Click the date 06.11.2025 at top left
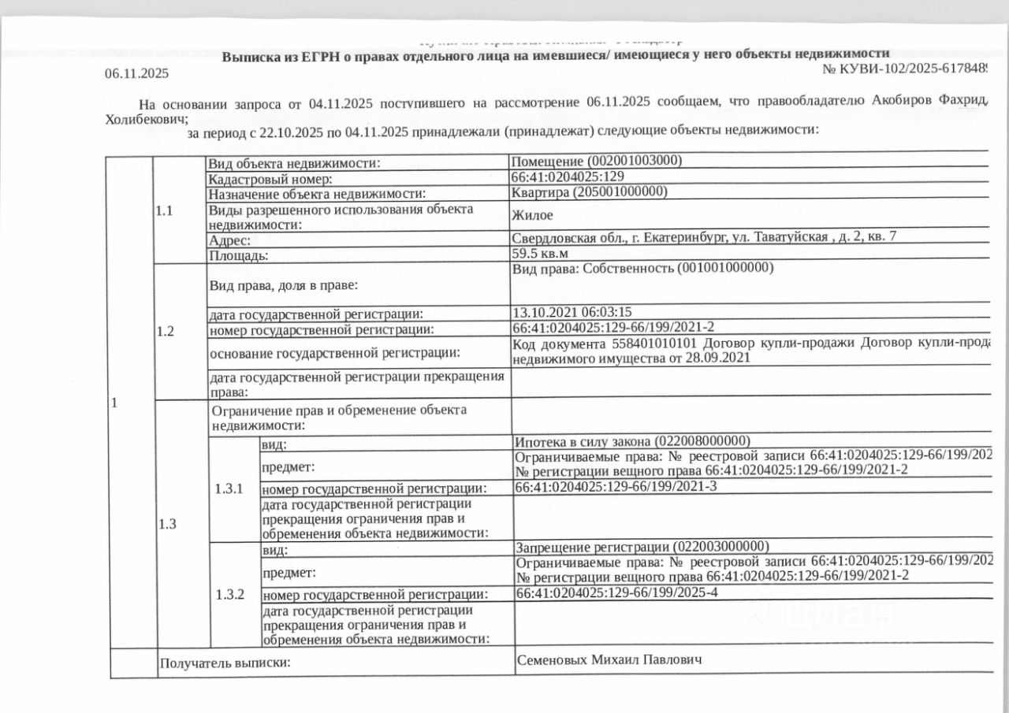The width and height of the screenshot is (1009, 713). [136, 73]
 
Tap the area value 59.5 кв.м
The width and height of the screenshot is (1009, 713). [539, 254]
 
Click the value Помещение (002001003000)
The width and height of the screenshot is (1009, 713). [597, 162]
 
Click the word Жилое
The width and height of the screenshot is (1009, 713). [532, 214]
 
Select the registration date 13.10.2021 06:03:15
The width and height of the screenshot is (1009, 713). [572, 313]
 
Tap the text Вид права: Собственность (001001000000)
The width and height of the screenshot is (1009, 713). [642, 268]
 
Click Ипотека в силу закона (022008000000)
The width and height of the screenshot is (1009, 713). [631, 440]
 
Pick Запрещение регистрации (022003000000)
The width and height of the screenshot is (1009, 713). [641, 547]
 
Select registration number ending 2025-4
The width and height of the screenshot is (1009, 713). [616, 592]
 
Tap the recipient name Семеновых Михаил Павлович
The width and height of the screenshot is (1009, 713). [608, 659]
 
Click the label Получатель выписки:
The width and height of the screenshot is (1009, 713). [225, 663]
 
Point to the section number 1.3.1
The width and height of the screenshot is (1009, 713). [230, 488]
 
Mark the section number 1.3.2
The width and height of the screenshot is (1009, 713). [230, 594]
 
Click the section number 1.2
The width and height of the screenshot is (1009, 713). [165, 331]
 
